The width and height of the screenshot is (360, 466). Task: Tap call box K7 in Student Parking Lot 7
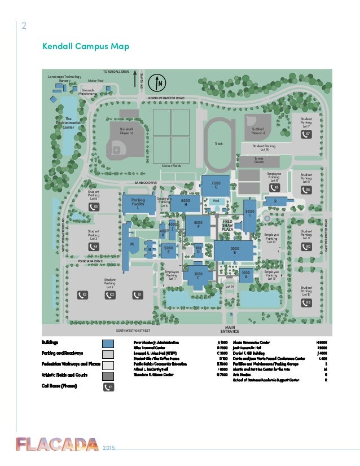click(307, 134)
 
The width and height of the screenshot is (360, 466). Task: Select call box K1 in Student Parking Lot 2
click(137, 294)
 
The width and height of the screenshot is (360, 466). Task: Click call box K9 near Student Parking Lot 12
click(307, 303)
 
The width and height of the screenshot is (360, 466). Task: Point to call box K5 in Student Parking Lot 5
click(94, 207)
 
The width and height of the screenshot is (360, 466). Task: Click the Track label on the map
click(219, 144)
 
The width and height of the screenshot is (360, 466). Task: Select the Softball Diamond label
click(258, 131)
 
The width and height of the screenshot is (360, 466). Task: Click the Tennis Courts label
click(258, 160)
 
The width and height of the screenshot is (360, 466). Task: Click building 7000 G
click(216, 185)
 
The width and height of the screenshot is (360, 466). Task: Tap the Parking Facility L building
click(138, 204)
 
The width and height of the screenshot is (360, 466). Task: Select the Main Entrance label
click(230, 329)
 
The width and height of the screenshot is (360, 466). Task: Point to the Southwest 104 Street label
click(133, 330)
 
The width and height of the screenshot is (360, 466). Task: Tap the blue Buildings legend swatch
click(109, 343)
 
